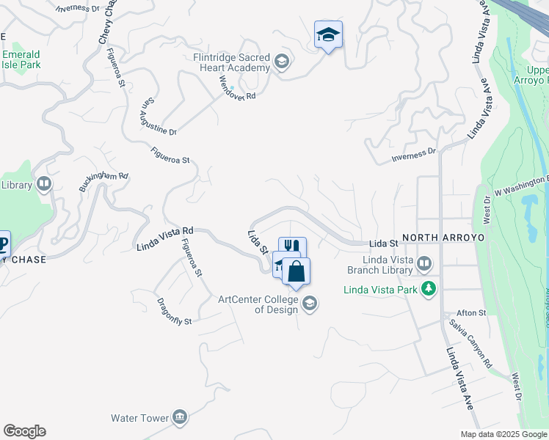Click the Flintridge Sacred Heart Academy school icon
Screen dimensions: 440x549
282,62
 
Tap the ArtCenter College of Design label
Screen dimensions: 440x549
259,304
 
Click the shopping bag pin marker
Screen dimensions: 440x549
296,272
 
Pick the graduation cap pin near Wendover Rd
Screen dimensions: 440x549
328,34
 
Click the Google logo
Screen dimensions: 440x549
24,431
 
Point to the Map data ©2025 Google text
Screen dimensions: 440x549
503,434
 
